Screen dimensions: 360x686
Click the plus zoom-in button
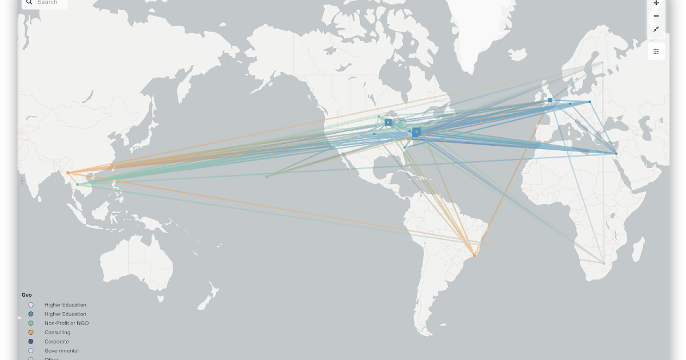pos(656,3)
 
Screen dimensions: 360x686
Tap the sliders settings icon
pos(656,51)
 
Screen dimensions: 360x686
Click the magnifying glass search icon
pos(29,2)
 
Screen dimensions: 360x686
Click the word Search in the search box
pos(47,2)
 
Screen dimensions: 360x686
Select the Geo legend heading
pos(27,295)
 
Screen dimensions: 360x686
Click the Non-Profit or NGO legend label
pos(66,323)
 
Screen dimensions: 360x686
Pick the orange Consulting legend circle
pos(31,333)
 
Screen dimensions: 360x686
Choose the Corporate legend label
pos(57,342)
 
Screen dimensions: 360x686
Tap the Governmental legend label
pos(62,351)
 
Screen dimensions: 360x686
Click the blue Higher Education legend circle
pos(31,314)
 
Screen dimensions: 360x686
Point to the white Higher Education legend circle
pos(31,305)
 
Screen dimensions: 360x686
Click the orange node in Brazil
pos(474,255)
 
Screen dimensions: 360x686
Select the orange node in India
pos(68,173)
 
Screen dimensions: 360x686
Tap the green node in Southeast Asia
pos(78,185)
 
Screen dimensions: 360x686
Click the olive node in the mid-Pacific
pos(266,177)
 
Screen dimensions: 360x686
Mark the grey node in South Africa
pos(604,263)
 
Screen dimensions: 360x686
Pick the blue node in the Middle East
pos(616,153)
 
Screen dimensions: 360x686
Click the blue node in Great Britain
pos(550,100)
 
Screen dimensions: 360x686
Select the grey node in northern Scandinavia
pos(601,63)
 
